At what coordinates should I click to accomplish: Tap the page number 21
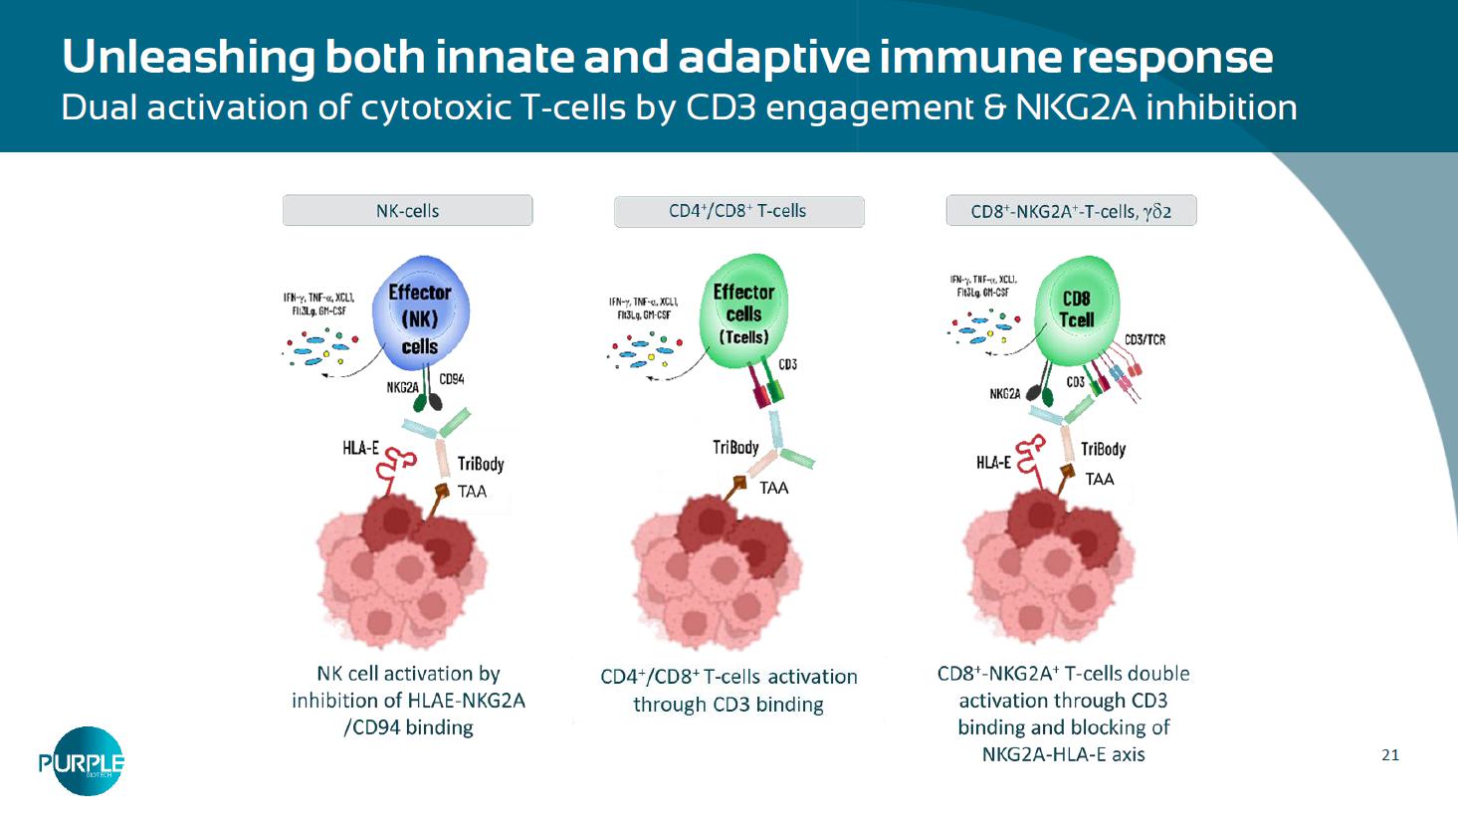pos(1390,755)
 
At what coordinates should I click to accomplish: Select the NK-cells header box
pos(407,211)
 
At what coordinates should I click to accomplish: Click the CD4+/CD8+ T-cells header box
pos(738,211)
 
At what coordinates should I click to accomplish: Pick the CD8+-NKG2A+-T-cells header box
pos(1070,211)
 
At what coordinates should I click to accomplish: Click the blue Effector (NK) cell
pos(419,314)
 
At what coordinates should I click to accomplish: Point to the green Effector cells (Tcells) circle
pos(743,311)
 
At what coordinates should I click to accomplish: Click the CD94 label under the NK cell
pos(451,379)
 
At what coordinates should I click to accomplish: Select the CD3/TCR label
pos(1145,340)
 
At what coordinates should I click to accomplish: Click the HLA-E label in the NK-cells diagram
pos(360,449)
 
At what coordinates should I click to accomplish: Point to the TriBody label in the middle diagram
pos(735,448)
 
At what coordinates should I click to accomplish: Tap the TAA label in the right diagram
pos(1100,480)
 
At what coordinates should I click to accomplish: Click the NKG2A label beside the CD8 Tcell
pos(1004,394)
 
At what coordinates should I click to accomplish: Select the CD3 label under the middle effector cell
pos(787,364)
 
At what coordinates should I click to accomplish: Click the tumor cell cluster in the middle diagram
pos(717,572)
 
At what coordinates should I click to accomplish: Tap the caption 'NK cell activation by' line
pos(408,674)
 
